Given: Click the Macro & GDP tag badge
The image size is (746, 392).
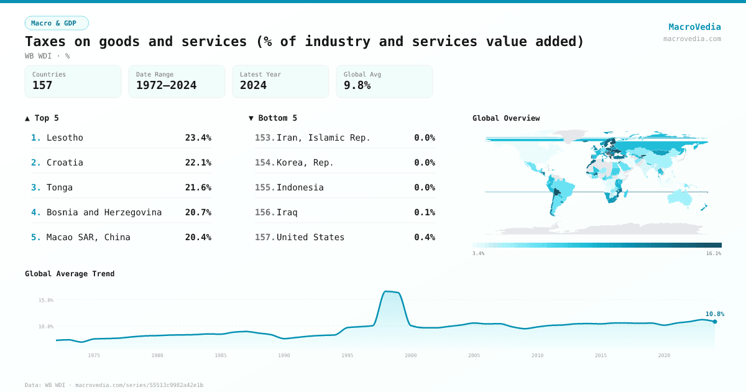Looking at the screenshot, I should (57, 23).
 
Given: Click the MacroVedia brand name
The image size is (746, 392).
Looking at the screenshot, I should (694, 27).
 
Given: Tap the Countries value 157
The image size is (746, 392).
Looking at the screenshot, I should (42, 85).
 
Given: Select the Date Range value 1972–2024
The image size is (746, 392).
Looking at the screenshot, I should (166, 85).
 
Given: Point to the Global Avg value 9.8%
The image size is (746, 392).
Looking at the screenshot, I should (357, 85).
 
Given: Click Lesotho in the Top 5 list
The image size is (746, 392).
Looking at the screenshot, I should (65, 138).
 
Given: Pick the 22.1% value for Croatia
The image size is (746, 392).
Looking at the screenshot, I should (198, 162).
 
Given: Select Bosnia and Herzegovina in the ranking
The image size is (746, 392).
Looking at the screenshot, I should (104, 212).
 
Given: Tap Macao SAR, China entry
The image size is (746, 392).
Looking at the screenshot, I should (88, 237).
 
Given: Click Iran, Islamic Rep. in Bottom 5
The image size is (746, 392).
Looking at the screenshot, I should (323, 138).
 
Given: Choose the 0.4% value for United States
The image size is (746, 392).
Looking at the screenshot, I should (424, 237).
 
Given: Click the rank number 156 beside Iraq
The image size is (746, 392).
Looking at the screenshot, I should (264, 212).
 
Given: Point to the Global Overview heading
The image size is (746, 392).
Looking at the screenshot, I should (506, 118).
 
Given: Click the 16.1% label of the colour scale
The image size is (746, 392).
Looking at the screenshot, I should (713, 253).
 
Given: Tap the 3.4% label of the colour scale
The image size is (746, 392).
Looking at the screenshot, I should (478, 253).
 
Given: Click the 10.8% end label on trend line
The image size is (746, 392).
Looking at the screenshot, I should (714, 314).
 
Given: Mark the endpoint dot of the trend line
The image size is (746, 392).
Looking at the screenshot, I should (715, 322).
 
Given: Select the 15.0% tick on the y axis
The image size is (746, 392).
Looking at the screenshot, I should (46, 300).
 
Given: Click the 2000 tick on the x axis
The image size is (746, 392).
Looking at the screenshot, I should (410, 355).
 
